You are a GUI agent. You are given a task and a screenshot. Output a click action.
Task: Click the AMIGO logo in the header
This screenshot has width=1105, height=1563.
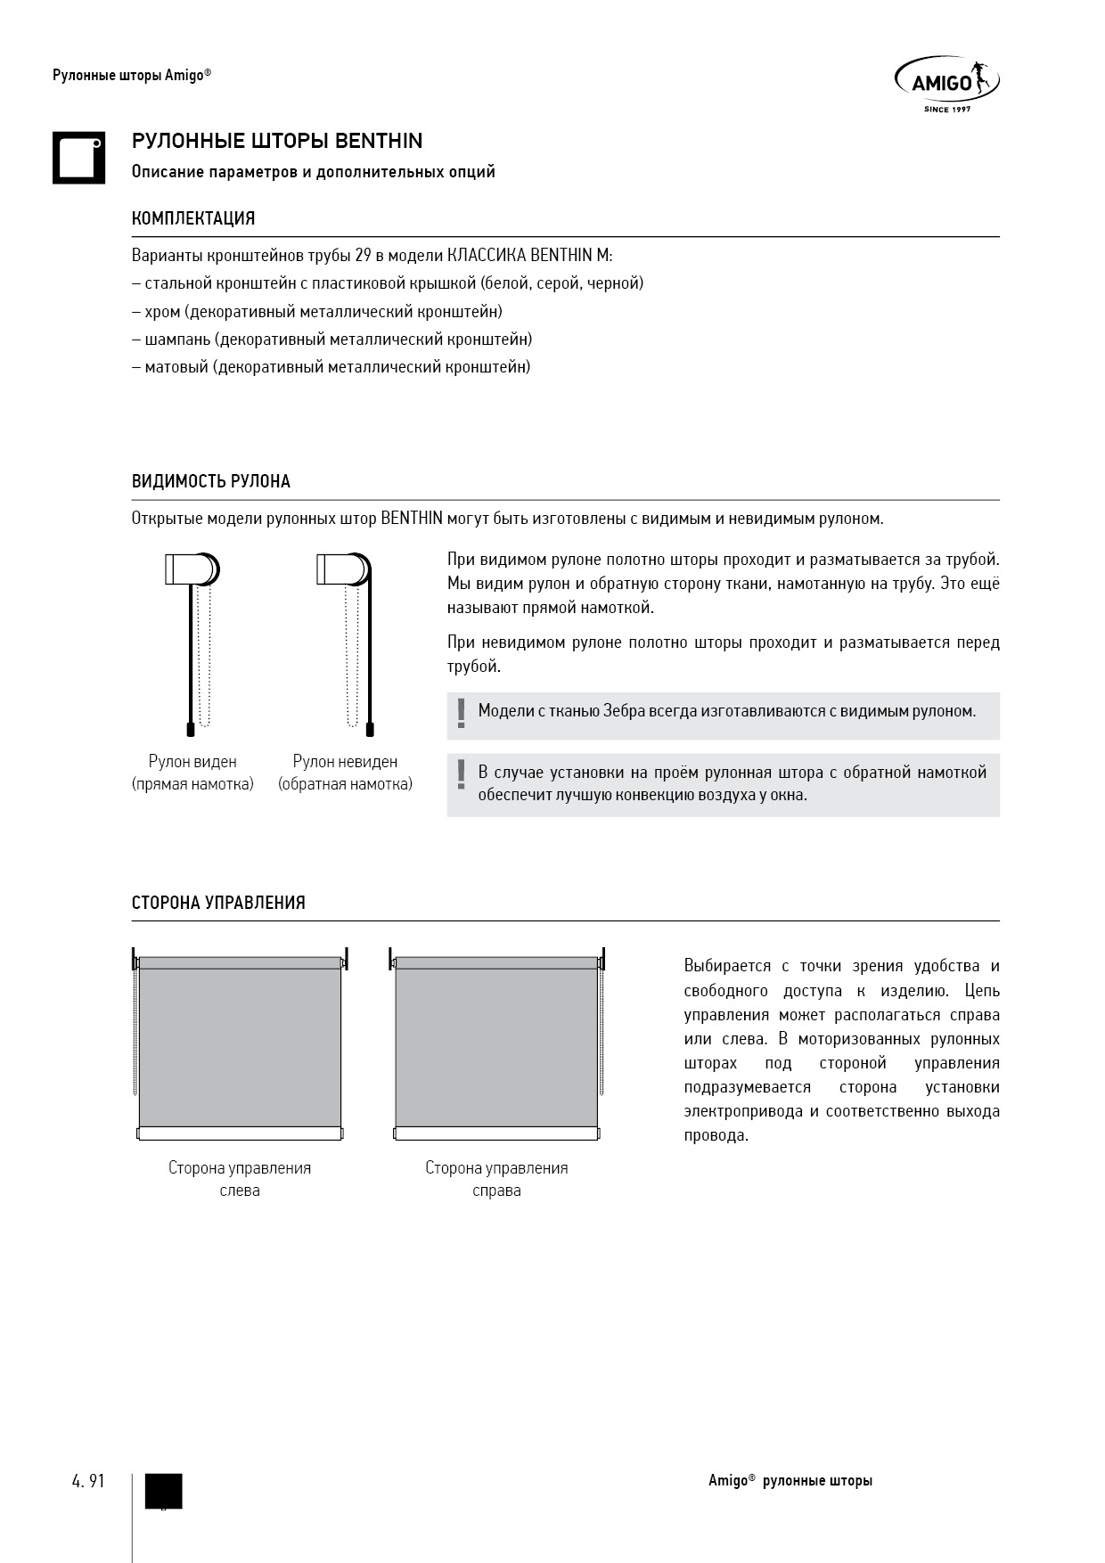point(945,84)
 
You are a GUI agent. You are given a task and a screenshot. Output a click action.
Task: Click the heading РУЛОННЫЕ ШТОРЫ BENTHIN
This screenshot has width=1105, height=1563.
point(277,141)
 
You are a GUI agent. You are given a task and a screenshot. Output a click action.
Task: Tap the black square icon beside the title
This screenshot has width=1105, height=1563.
point(78,159)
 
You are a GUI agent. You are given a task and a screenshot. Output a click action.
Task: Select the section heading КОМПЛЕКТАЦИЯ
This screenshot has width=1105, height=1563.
point(193,218)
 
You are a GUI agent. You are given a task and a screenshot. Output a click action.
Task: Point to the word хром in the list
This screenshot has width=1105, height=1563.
point(162,312)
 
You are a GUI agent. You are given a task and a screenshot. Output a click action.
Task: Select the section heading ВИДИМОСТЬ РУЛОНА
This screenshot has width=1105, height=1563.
point(211,482)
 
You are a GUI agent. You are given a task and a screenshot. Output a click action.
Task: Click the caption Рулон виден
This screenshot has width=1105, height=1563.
point(192,762)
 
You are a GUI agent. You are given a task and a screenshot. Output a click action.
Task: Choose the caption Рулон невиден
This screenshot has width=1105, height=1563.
point(345,762)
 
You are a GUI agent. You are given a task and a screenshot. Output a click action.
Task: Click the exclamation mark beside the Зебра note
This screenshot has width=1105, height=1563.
point(461,714)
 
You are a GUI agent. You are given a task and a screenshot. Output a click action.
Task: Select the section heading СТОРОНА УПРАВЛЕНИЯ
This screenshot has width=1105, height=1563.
point(218,903)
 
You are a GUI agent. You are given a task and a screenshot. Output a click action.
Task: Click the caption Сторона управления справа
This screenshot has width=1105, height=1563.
point(496,1179)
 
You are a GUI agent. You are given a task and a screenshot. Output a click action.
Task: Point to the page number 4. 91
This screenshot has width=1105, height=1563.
point(88,1481)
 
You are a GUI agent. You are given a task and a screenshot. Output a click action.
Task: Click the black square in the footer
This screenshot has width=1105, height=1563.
point(163,1491)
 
